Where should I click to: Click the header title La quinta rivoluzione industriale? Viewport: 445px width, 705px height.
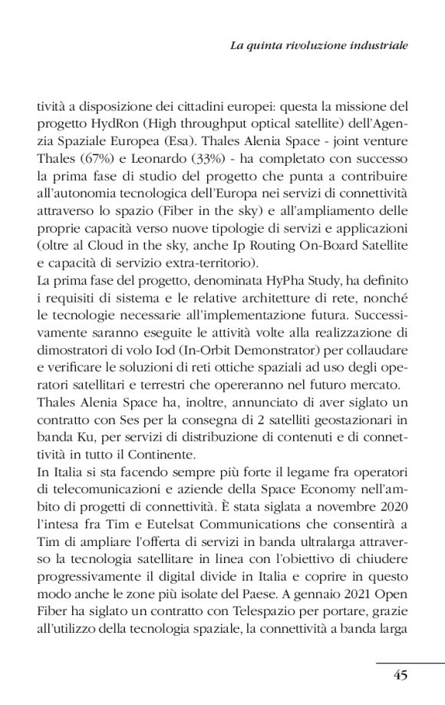(x=319, y=46)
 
